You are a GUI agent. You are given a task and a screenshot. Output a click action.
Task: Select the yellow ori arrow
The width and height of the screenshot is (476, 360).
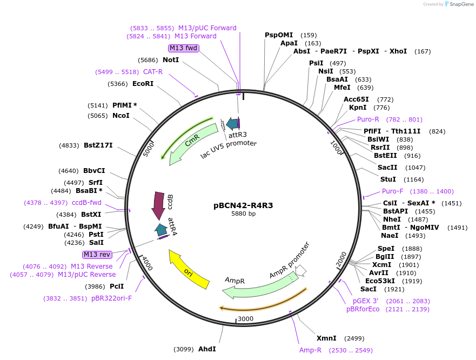point(189,270)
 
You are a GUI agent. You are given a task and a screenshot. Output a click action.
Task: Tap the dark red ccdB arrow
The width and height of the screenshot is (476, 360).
point(159,206)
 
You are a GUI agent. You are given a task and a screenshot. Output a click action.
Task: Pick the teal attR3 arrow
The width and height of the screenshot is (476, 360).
point(232,124)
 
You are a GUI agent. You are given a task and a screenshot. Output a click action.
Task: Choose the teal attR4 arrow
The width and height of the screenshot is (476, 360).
point(161,230)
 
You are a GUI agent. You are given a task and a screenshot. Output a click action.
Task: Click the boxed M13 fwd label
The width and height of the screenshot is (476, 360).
point(184,48)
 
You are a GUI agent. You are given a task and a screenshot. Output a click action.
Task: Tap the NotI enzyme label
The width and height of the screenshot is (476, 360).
point(171,60)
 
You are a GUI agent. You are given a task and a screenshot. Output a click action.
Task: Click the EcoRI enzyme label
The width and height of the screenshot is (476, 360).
point(143,84)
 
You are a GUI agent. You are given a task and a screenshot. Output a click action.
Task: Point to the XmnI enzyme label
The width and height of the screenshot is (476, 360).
point(326,338)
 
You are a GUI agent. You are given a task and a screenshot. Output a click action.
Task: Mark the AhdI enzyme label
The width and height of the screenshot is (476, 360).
point(207,349)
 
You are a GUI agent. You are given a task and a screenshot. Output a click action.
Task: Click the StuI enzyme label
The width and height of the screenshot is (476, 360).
point(388,179)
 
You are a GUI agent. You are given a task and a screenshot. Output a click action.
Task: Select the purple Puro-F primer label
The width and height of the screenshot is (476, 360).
point(393,191)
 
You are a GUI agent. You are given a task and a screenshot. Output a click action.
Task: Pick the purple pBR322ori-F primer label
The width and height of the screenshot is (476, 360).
point(111,298)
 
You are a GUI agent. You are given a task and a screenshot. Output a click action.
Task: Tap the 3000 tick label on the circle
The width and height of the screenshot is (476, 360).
point(246,319)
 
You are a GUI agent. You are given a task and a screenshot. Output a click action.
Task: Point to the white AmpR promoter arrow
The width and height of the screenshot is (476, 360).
point(301,270)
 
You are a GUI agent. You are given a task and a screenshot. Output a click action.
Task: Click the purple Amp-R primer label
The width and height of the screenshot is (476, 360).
point(311,350)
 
